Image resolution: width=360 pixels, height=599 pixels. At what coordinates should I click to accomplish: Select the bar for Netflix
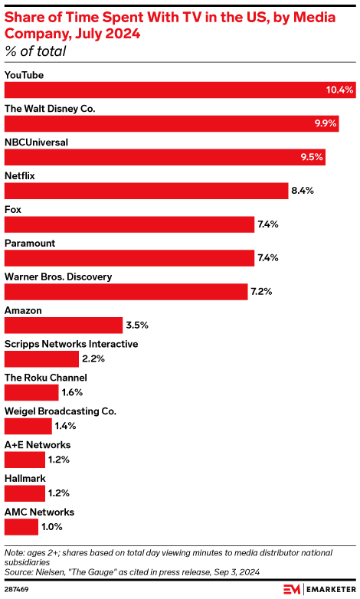(146, 191)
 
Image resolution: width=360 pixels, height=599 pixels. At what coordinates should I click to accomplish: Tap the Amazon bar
(64, 325)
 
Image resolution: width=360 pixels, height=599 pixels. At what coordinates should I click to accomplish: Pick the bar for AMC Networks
(21, 527)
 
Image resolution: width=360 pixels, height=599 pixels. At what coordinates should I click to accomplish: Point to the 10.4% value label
(339, 90)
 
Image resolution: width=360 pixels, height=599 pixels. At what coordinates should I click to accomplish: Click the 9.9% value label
(324, 123)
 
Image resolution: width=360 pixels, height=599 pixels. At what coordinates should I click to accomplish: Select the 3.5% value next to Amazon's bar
(137, 325)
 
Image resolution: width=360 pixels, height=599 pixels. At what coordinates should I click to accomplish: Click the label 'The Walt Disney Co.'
(50, 109)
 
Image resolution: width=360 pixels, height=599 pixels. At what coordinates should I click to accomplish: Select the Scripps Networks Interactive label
(71, 344)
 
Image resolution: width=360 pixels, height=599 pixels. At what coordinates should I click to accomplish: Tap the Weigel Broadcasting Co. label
(61, 411)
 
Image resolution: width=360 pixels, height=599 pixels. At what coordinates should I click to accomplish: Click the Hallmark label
(25, 478)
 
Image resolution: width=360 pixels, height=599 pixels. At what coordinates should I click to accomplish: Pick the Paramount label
(30, 243)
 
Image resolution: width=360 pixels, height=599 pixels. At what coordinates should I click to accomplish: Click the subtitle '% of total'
(35, 52)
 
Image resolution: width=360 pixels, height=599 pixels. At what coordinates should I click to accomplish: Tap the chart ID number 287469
(18, 588)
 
